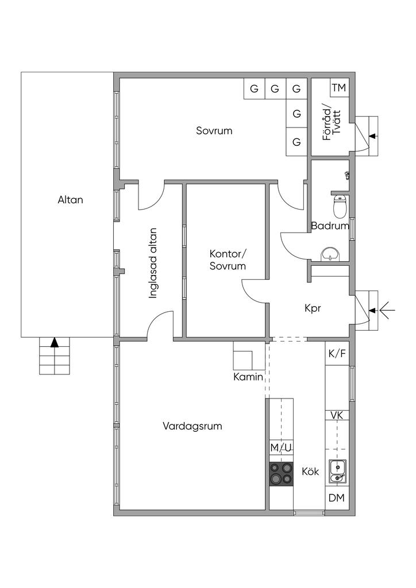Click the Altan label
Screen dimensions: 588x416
click(70, 200)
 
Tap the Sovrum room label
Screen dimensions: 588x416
click(214, 131)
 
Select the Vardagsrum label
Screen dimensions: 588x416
click(192, 427)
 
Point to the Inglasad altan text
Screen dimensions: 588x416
click(153, 264)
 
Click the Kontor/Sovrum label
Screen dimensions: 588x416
click(228, 260)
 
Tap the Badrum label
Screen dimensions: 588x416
click(330, 226)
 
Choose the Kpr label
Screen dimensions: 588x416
click(313, 308)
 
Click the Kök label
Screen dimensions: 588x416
click(310, 471)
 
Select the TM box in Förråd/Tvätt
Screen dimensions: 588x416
click(339, 88)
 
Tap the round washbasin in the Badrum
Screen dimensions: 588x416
click(330, 253)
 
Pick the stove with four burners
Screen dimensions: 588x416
click(282, 474)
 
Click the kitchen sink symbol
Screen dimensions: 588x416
click(337, 471)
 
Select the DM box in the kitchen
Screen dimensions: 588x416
click(337, 498)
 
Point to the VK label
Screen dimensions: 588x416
click(337, 415)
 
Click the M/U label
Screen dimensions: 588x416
click(282, 448)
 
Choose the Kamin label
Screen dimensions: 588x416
click(248, 377)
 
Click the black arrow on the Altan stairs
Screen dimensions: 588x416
click(55, 343)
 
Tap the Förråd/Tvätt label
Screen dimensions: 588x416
click(332, 122)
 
